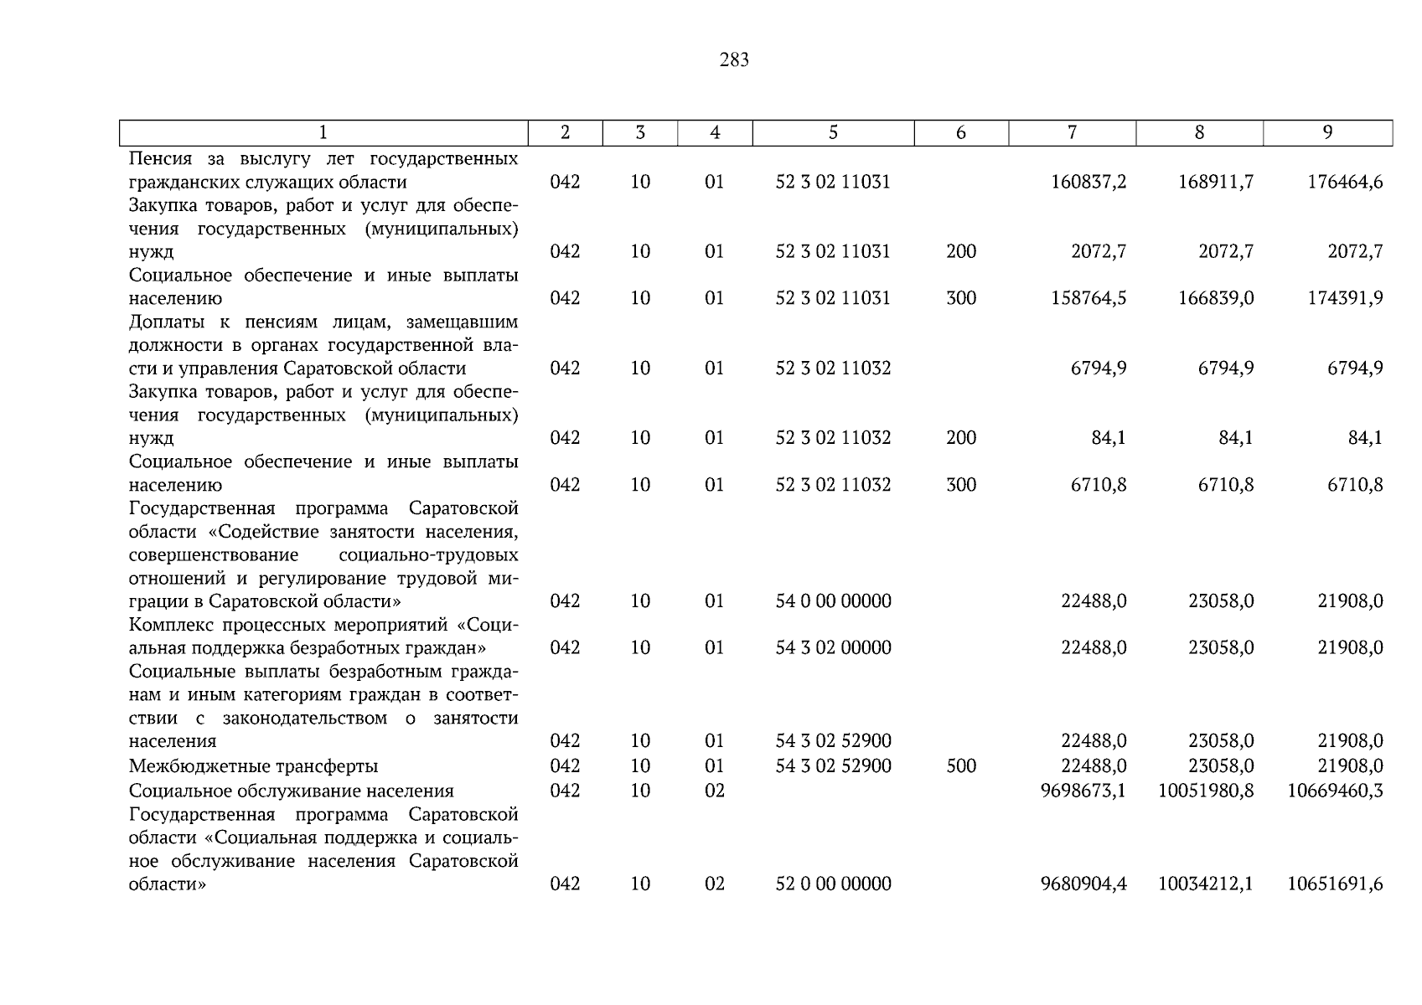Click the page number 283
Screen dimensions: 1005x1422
tap(733, 60)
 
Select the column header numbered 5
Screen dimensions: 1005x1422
tap(833, 132)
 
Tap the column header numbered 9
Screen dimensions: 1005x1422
tap(1327, 132)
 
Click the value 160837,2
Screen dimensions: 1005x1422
tap(1088, 182)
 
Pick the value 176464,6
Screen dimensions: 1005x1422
tap(1345, 182)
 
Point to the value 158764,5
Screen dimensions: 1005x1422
tap(1088, 298)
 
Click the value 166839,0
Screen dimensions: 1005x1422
tap(1216, 298)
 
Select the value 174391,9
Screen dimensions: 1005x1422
tap(1345, 298)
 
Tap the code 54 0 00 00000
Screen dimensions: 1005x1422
tap(833, 601)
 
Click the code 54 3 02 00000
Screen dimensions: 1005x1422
tap(833, 647)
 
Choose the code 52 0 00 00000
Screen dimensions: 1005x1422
tap(833, 884)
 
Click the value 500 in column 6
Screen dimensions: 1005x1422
tap(961, 765)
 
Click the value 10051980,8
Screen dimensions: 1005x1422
tap(1206, 791)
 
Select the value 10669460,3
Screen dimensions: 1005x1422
tap(1335, 791)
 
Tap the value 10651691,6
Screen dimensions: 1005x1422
tap(1335, 884)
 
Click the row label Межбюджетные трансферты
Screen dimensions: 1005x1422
tap(253, 765)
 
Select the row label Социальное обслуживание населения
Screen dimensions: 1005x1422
tap(291, 791)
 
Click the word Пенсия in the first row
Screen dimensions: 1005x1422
tap(160, 159)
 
